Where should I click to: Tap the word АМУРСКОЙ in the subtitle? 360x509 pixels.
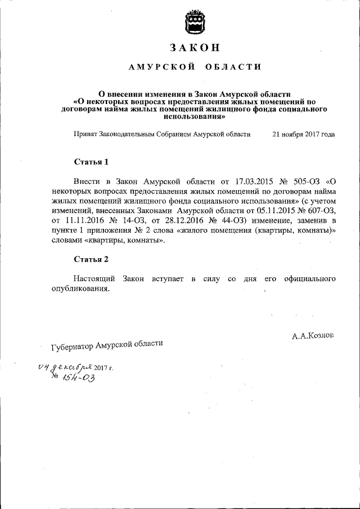coord(161,67)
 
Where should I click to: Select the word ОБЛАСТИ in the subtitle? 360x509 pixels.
coord(232,67)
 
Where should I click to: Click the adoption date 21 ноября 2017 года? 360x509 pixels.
coord(303,135)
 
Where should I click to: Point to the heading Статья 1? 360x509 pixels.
coord(91,162)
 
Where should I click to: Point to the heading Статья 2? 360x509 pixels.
coord(91,259)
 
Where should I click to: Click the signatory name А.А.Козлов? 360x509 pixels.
coord(312,335)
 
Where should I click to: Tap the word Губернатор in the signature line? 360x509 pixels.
coord(72,347)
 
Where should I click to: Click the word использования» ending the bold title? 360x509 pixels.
coord(193,118)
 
